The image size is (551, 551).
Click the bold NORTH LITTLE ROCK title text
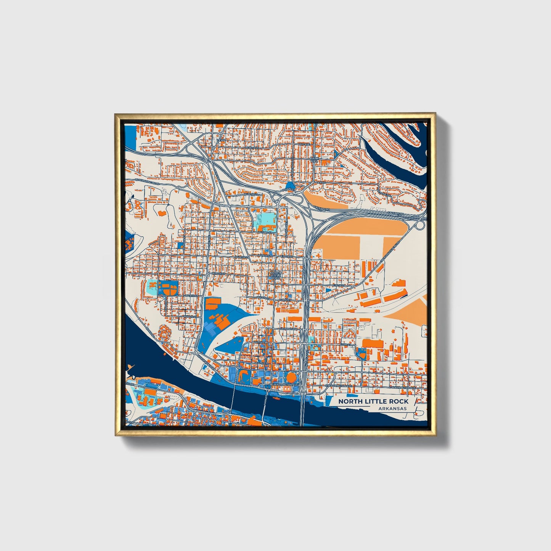[373, 401]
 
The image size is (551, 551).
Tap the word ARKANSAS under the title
[392, 408]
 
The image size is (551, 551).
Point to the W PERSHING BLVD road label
[146, 181]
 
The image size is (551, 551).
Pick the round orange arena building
[291, 378]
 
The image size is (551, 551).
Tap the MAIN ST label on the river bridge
[265, 402]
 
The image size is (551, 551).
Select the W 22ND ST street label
[266, 232]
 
